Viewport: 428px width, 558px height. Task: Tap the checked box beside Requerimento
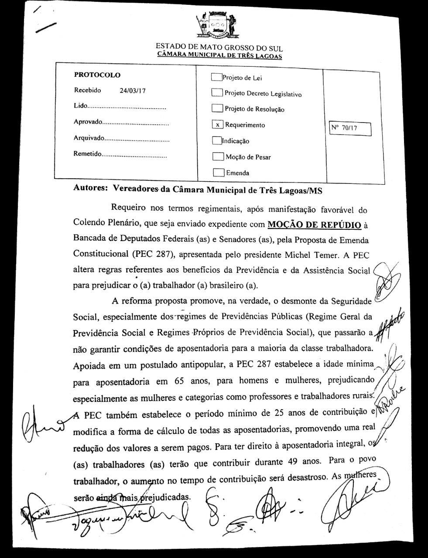(217, 125)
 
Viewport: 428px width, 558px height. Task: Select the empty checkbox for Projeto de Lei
(216, 78)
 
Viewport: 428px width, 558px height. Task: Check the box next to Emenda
(218, 173)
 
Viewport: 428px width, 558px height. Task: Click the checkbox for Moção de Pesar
(218, 157)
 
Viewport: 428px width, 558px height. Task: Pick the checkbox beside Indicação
(217, 140)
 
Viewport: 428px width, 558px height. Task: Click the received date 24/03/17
(132, 91)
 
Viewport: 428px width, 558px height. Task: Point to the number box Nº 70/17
(350, 128)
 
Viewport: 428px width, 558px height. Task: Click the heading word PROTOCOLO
(97, 75)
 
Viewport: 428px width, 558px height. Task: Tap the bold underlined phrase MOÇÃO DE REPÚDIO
(314, 225)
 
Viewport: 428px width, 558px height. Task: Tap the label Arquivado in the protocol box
(89, 138)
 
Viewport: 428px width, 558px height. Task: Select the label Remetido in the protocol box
(87, 154)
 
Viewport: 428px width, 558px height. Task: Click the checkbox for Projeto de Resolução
(217, 108)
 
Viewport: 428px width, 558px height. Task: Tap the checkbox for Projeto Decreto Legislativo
(216, 93)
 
